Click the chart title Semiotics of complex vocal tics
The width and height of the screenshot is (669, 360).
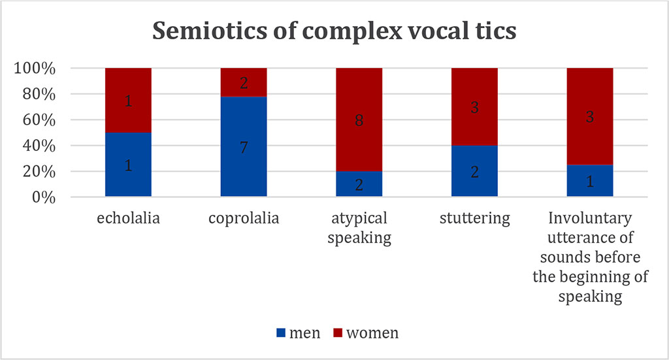334,31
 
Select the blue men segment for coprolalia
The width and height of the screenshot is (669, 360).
244,146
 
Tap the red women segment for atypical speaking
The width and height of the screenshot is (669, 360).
359,120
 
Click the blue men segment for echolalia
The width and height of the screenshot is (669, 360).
128,165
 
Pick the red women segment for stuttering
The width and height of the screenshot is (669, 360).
474,107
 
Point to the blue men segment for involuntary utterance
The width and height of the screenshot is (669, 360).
589,181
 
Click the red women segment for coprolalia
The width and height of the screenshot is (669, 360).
244,82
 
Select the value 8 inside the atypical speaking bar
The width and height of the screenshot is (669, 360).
359,120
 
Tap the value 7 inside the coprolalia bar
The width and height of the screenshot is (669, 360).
244,147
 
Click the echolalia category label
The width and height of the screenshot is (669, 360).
128,218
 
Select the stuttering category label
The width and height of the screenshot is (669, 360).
474,218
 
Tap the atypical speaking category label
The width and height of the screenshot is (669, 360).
359,227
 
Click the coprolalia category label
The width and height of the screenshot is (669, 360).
244,218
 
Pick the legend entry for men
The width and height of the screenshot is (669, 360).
299,333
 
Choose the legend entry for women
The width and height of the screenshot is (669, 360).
365,333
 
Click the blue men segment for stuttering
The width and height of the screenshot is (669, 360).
474,172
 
